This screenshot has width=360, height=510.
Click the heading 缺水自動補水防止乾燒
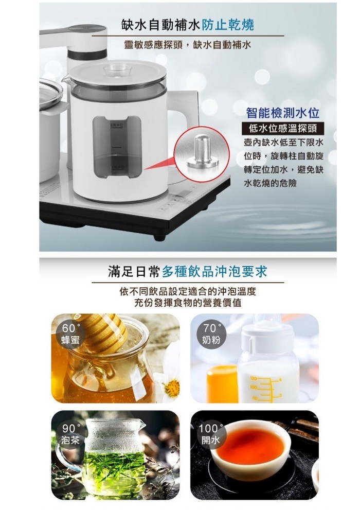click(x=188, y=25)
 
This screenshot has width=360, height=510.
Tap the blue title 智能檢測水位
click(x=283, y=113)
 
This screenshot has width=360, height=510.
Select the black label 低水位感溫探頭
click(x=282, y=129)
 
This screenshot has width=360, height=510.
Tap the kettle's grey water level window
click(x=117, y=149)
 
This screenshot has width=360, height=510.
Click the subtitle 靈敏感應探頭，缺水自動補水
click(x=188, y=45)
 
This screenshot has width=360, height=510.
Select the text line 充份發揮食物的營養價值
click(x=188, y=303)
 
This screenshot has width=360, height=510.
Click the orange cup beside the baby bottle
click(x=222, y=383)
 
